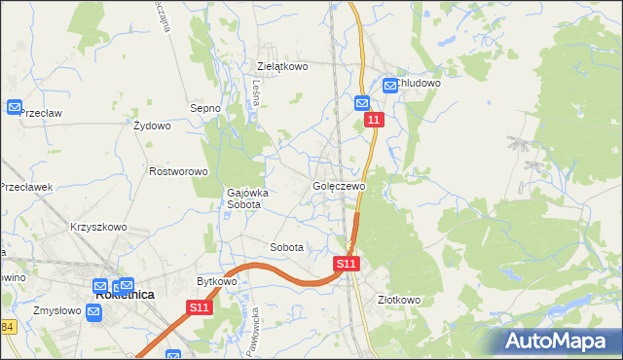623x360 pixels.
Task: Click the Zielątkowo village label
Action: pos(282,67)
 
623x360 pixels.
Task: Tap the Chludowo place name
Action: pos(420,84)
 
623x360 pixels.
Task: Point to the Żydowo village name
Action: pos(152,126)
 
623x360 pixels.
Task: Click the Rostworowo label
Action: pos(179,171)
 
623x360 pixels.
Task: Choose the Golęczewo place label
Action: pos(339,186)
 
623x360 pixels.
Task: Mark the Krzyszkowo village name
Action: pos(98,227)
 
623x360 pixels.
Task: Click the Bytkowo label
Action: pos(217,281)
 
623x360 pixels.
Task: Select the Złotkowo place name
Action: pos(399,300)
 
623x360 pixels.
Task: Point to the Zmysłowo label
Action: pos(56,312)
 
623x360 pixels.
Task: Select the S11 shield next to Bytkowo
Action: pos(200,307)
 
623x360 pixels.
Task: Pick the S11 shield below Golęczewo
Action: pos(347,264)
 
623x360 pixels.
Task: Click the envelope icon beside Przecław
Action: pos(15,107)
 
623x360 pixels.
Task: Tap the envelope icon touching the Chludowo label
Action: pos(390,86)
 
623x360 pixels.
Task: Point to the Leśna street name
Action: pos(254,92)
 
